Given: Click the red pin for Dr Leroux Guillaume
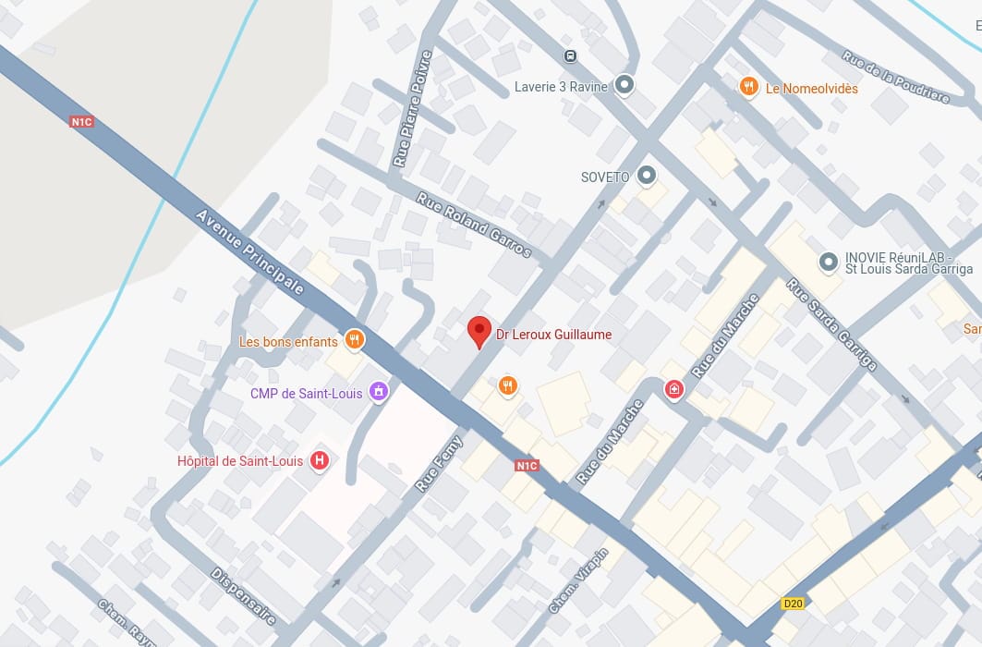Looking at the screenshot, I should point(479,331).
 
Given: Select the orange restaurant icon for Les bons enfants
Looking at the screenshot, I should point(353,340).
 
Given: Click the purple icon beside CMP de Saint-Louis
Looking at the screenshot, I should point(377,393).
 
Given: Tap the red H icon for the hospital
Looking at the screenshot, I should point(320,460).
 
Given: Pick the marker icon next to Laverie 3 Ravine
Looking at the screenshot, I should point(624,86).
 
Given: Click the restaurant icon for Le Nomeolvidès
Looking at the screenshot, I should point(749,88).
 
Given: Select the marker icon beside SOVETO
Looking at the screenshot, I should point(647,175).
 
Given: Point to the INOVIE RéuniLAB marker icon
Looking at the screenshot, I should point(829,262).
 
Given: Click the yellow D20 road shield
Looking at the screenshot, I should point(793,604).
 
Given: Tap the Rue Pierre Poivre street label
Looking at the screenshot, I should point(412,108).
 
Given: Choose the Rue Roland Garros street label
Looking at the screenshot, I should point(474,225).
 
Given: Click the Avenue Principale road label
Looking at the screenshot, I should point(249,252).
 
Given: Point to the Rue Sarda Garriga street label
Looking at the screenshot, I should point(831,323).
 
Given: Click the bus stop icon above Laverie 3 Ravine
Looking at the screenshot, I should point(571,55).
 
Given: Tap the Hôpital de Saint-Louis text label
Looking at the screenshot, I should point(240,461).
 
